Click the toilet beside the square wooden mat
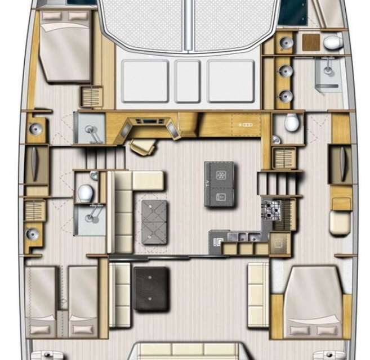click(x=332, y=42)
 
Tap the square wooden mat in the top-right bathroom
click(x=310, y=42)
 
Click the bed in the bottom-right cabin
click(x=313, y=301)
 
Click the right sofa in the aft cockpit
click(x=258, y=295)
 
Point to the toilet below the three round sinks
click(x=291, y=122)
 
